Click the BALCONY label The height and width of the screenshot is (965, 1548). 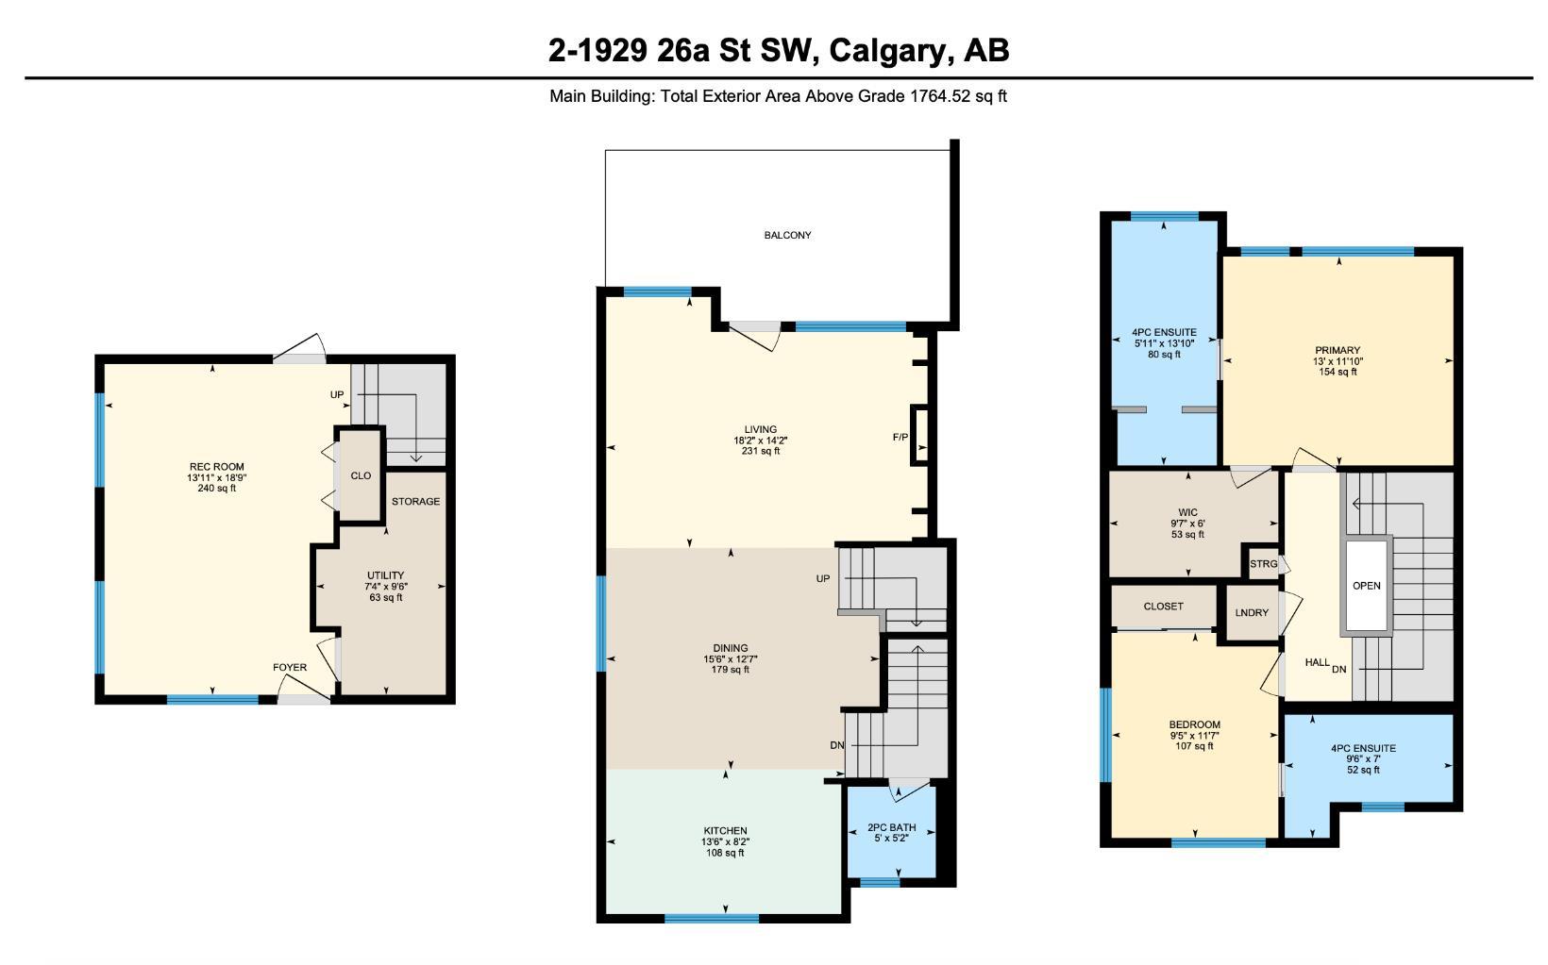787,235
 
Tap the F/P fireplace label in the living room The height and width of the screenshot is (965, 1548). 900,437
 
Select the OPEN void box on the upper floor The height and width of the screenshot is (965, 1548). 1366,586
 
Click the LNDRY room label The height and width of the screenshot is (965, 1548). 1252,613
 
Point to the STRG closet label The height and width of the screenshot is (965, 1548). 1263,564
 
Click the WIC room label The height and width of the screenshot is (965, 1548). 1187,513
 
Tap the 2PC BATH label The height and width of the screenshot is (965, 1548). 891,827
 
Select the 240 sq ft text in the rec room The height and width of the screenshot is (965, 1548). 217,489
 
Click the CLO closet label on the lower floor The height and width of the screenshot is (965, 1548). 361,475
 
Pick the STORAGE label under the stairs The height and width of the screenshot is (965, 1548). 415,502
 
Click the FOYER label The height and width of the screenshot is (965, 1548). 290,667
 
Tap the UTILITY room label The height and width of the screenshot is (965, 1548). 385,575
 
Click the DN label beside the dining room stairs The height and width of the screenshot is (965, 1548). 836,745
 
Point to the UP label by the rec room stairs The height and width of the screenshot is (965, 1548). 337,394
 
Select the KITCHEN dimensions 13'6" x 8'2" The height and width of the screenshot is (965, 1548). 725,841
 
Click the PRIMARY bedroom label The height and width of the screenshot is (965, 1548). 1338,351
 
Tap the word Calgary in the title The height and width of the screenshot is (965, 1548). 887,50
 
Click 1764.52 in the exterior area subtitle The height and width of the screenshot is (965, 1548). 940,96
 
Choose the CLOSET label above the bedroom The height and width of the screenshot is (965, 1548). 1163,607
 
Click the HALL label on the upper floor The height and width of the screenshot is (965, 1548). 1318,662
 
